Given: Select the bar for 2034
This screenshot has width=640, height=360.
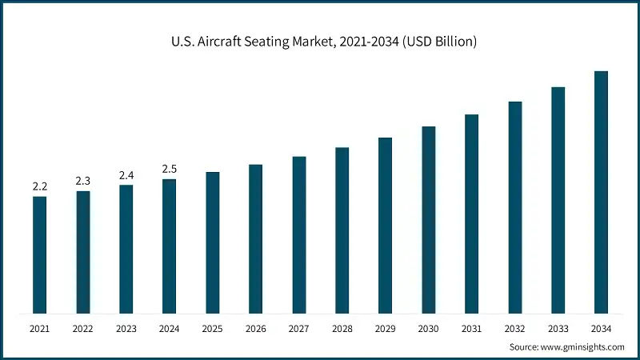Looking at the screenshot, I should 601,192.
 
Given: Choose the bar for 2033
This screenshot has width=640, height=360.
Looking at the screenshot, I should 558,200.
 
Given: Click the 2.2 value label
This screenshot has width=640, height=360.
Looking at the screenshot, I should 39,186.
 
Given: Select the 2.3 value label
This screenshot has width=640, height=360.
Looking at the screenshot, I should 82,181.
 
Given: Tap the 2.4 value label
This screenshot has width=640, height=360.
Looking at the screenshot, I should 126,175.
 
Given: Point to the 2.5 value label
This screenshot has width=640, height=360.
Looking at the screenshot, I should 169,170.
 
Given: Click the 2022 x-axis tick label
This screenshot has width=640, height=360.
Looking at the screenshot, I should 82,328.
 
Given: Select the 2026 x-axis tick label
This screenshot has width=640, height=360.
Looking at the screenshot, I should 255,328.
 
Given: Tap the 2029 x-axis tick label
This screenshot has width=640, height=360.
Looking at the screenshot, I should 385,328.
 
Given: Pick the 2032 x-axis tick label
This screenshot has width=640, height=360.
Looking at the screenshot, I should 514,328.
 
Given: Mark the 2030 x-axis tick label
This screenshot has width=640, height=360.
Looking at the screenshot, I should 428,328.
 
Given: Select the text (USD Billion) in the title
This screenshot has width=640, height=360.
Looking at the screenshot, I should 438,42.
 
